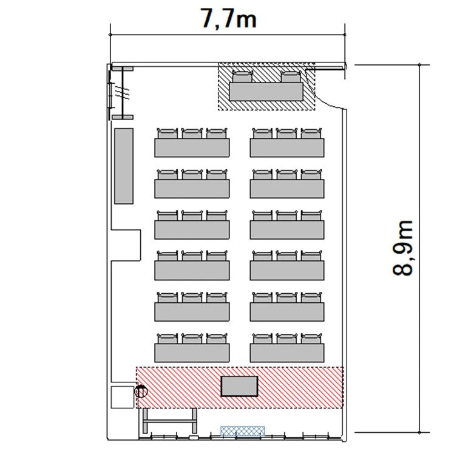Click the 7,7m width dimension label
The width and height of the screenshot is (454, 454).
(x=228, y=19)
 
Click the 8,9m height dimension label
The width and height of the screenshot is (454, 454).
(x=402, y=248)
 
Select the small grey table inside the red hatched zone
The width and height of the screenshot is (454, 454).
(x=239, y=386)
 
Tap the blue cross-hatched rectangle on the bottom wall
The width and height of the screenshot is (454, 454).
(x=243, y=431)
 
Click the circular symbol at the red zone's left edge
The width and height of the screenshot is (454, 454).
(x=141, y=391)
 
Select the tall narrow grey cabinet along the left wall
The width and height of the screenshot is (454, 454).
(x=124, y=166)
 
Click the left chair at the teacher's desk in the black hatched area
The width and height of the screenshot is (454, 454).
(x=243, y=76)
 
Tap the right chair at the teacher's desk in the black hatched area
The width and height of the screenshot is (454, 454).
(x=290, y=76)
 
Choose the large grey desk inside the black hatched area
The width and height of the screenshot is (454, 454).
(x=266, y=92)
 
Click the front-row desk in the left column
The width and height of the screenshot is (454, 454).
(x=192, y=147)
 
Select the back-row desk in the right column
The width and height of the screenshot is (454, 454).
(x=287, y=353)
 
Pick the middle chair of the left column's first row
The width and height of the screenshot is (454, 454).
(x=192, y=133)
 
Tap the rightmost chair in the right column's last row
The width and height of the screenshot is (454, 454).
(x=311, y=338)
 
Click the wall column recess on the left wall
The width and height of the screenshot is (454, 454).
(x=126, y=245)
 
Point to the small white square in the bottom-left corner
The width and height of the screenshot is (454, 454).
(x=123, y=397)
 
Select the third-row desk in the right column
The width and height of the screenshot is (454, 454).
(x=287, y=229)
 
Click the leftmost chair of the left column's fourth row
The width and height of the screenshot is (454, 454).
(x=168, y=256)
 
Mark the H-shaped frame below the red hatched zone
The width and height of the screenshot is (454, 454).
(x=170, y=421)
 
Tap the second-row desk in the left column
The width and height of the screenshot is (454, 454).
(x=192, y=189)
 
